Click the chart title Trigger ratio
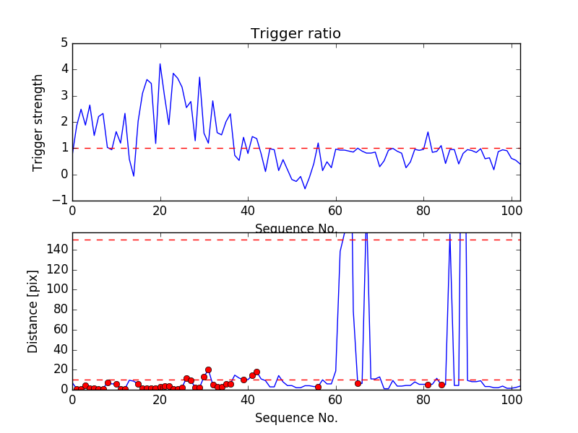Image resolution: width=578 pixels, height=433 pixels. pyautogui.click(x=296, y=34)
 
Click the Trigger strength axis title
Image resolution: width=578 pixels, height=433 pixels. pyautogui.click(x=38, y=122)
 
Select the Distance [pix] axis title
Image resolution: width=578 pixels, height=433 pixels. pyautogui.click(x=33, y=311)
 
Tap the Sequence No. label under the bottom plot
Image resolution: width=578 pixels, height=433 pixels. pyautogui.click(x=296, y=418)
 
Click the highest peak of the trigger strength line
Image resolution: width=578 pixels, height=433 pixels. pyautogui.click(x=160, y=64)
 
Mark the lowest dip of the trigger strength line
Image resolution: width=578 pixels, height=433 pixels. pyautogui.click(x=305, y=189)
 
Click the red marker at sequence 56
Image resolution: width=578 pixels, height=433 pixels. pyautogui.click(x=318, y=387)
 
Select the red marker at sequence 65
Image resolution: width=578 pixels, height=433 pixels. pyautogui.click(x=358, y=383)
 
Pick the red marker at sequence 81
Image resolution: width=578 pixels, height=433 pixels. pyautogui.click(x=428, y=385)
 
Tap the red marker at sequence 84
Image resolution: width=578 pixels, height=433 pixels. pyautogui.click(x=441, y=385)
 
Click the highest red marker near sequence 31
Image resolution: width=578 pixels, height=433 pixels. pyautogui.click(x=208, y=369)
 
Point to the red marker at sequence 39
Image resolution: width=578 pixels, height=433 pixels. pyautogui.click(x=243, y=380)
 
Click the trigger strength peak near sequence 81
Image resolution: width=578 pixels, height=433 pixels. pyautogui.click(x=428, y=132)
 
